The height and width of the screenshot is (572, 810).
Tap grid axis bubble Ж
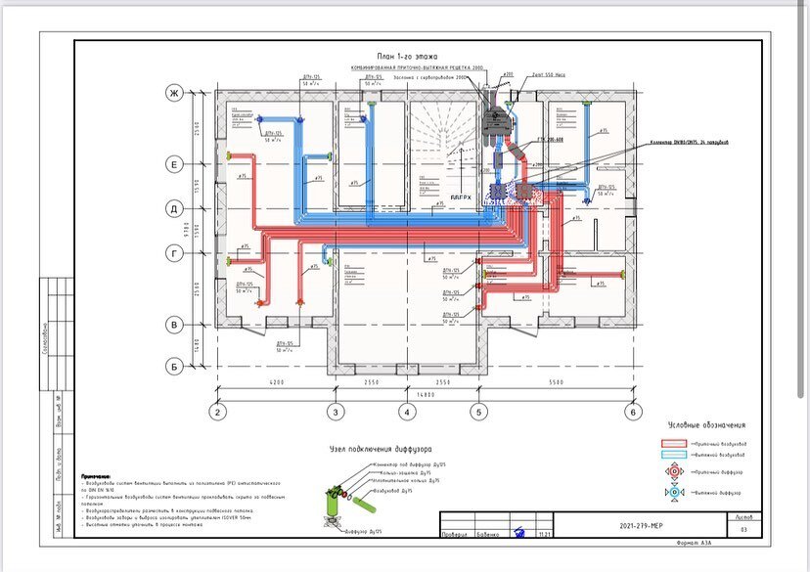coord(175,94)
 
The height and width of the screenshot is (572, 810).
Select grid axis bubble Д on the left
coord(175,209)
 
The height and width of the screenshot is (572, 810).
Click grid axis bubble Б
coord(175,367)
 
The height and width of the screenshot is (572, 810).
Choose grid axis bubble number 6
coord(633,413)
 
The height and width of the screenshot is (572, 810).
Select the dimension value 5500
coord(556,381)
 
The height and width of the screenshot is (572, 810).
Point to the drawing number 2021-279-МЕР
coord(643,526)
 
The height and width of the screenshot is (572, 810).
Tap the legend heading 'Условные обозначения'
coord(706,425)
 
